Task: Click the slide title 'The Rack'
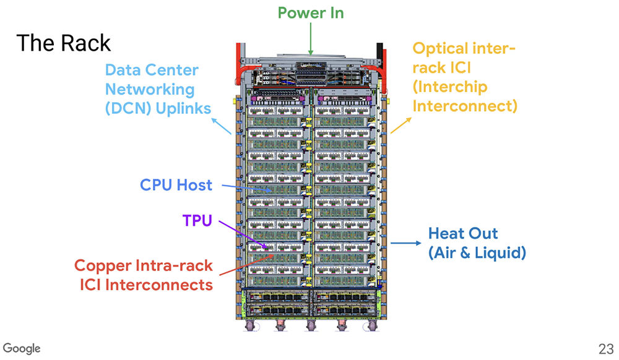pyautogui.click(x=63, y=43)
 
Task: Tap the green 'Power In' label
pyautogui.click(x=311, y=12)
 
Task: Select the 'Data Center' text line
pyautogui.click(x=152, y=71)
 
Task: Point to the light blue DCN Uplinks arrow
pyautogui.click(x=222, y=126)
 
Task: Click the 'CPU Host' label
pyautogui.click(x=176, y=185)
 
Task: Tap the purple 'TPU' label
pyautogui.click(x=198, y=220)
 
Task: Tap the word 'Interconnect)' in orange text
pyautogui.click(x=464, y=106)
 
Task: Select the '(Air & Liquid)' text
pyautogui.click(x=477, y=253)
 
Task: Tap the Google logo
pyautogui.click(x=22, y=348)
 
